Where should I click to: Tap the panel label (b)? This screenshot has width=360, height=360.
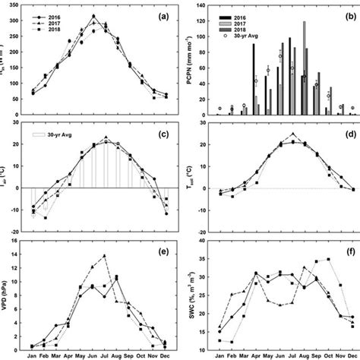346,14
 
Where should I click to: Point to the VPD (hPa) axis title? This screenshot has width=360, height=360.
9,293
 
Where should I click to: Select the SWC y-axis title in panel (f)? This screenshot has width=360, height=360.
191,293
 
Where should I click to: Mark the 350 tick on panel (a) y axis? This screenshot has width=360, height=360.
21,5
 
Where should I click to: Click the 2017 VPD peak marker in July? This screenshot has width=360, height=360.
105,255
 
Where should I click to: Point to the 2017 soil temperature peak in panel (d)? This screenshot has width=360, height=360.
292,134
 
